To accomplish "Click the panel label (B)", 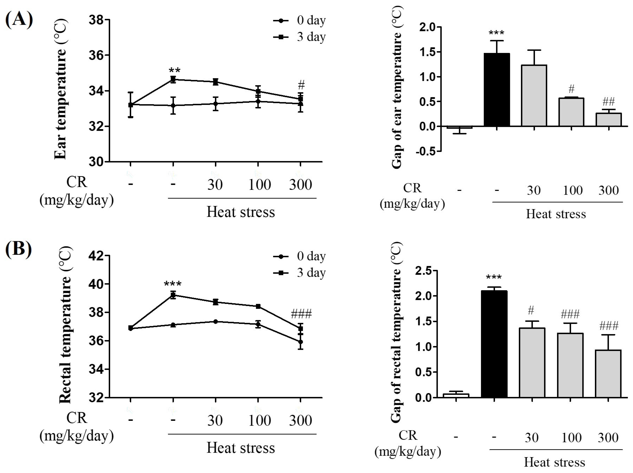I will coord(18,249).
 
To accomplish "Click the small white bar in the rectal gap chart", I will coord(456,395).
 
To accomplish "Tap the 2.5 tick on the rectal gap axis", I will coord(424,271).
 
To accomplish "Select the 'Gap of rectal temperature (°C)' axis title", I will coord(397,332).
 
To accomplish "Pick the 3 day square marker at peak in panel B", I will coord(173,295).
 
